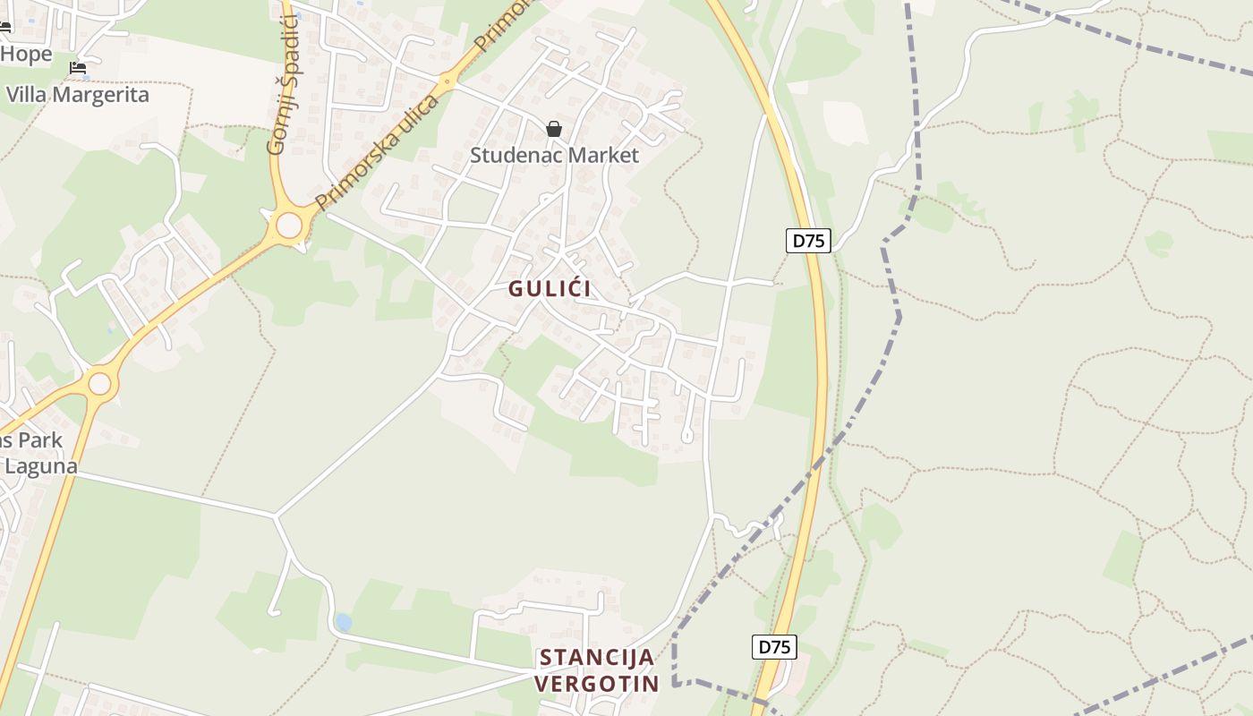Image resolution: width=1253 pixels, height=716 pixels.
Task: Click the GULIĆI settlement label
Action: tap(550, 289)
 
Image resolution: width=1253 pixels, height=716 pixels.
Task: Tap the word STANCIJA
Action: tap(596, 658)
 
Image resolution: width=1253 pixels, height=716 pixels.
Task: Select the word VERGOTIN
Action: tap(596, 684)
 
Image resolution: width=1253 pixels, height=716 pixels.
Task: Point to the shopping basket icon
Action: tap(554, 129)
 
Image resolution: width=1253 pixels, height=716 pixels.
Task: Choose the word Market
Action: tap(604, 155)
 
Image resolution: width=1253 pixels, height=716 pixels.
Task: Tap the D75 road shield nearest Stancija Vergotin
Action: tap(774, 646)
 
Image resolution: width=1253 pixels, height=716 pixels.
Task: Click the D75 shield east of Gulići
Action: tap(808, 240)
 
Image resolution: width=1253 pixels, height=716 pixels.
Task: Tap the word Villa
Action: tap(25, 95)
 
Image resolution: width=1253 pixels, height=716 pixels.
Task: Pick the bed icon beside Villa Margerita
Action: tap(78, 67)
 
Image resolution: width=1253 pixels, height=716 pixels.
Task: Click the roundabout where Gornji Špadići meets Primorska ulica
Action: tap(289, 225)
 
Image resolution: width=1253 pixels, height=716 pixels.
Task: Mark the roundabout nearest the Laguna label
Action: tap(99, 384)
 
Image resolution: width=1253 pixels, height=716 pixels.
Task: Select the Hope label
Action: tap(26, 54)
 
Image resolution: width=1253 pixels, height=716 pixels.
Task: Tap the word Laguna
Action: tap(41, 466)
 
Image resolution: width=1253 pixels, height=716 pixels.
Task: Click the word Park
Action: tap(41, 440)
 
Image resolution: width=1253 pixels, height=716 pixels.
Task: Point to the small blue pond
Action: tap(343, 622)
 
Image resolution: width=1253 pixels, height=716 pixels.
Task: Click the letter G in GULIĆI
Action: tap(516, 289)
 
